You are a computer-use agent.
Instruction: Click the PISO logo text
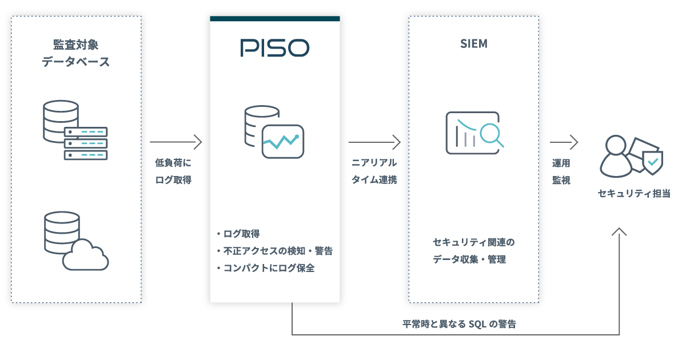click(x=274, y=48)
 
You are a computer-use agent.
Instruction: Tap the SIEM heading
click(x=473, y=44)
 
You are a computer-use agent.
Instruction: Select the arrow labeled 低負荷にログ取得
click(x=176, y=141)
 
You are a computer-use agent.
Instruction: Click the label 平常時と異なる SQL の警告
click(x=460, y=324)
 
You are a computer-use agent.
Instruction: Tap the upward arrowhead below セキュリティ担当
click(x=619, y=231)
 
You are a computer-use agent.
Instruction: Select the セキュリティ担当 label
click(x=634, y=194)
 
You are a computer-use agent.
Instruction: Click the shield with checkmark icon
click(x=652, y=162)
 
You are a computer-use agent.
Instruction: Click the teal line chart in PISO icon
click(x=281, y=141)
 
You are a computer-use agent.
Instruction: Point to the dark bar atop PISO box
click(x=274, y=18)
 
